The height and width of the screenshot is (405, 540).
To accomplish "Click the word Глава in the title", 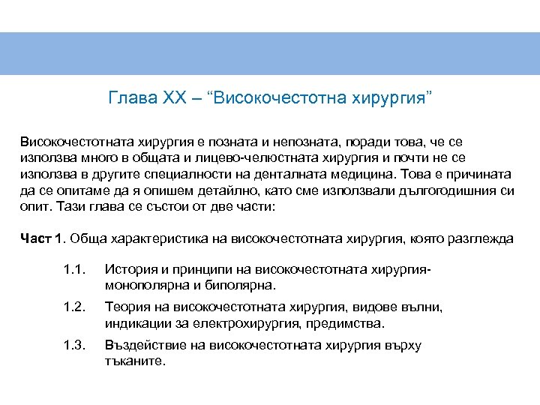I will click(x=132, y=99).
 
